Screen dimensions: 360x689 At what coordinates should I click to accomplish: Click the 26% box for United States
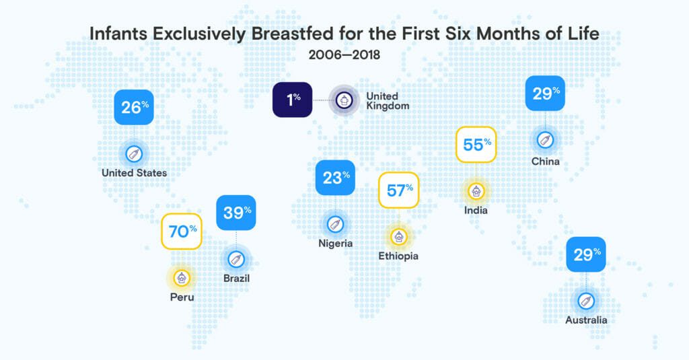coord(134,106)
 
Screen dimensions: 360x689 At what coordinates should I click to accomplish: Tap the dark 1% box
coord(292,100)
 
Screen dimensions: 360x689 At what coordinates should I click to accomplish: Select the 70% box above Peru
coord(182,231)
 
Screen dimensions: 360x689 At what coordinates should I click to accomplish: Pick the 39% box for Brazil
coord(236,213)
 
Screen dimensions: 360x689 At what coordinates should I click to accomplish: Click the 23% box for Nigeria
coord(335,178)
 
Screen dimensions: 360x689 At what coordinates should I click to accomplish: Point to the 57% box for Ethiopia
coord(399,190)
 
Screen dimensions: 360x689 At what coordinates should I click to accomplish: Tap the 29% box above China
coord(544,94)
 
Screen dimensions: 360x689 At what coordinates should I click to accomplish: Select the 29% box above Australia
coord(585,254)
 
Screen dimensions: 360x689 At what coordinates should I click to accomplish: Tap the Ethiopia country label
coord(398,256)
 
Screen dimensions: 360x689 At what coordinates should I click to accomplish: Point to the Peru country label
coord(182,296)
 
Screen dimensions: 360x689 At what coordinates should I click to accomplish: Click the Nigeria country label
coord(335,244)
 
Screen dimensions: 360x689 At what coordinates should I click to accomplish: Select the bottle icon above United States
coord(134,153)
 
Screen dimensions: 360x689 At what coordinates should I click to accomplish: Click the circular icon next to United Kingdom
coord(342,100)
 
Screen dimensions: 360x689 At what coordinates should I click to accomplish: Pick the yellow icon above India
coord(476,191)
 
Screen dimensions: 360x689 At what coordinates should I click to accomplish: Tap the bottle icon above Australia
coord(585,301)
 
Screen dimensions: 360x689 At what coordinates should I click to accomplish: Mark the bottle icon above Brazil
coord(235,259)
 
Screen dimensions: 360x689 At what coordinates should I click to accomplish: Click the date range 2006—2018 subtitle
coord(344,55)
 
